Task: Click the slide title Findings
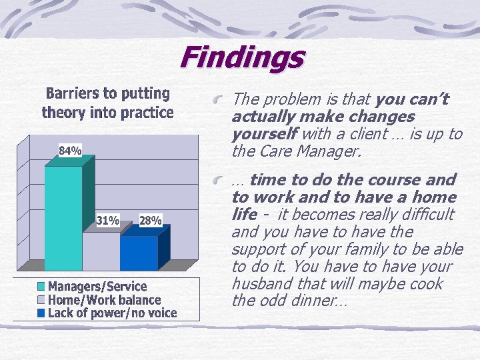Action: click(241, 57)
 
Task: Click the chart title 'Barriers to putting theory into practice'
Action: click(107, 103)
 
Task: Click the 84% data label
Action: click(70, 151)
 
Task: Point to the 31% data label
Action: click(108, 220)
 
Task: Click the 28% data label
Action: click(150, 221)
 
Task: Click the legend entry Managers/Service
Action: click(97, 287)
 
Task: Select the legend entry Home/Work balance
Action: click(104, 300)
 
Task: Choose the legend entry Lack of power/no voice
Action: click(112, 313)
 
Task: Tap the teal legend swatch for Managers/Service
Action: click(42, 287)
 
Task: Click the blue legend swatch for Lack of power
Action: click(42, 313)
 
